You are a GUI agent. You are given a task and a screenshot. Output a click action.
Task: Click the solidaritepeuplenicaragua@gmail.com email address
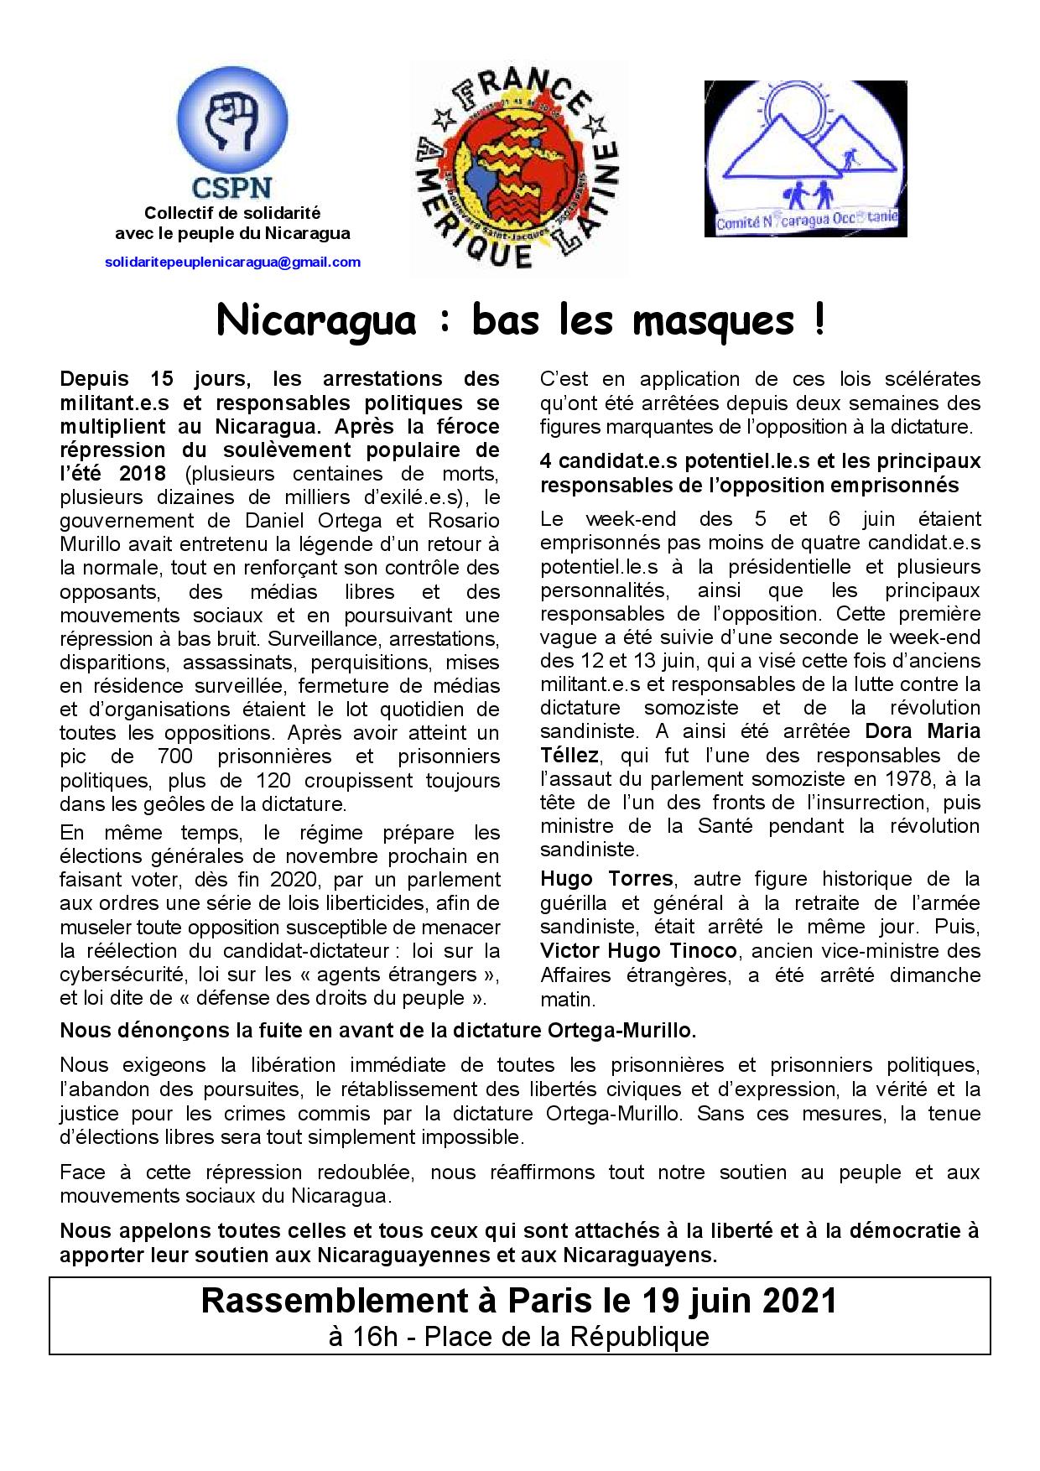point(233,262)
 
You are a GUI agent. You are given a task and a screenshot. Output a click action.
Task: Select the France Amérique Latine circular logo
point(517,168)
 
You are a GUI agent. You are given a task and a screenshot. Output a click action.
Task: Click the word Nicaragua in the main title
point(316,321)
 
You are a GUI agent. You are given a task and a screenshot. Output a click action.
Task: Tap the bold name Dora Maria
point(922,730)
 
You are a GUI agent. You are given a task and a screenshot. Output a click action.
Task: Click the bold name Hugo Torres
point(606,879)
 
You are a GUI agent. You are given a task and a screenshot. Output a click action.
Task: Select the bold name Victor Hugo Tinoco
point(638,951)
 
